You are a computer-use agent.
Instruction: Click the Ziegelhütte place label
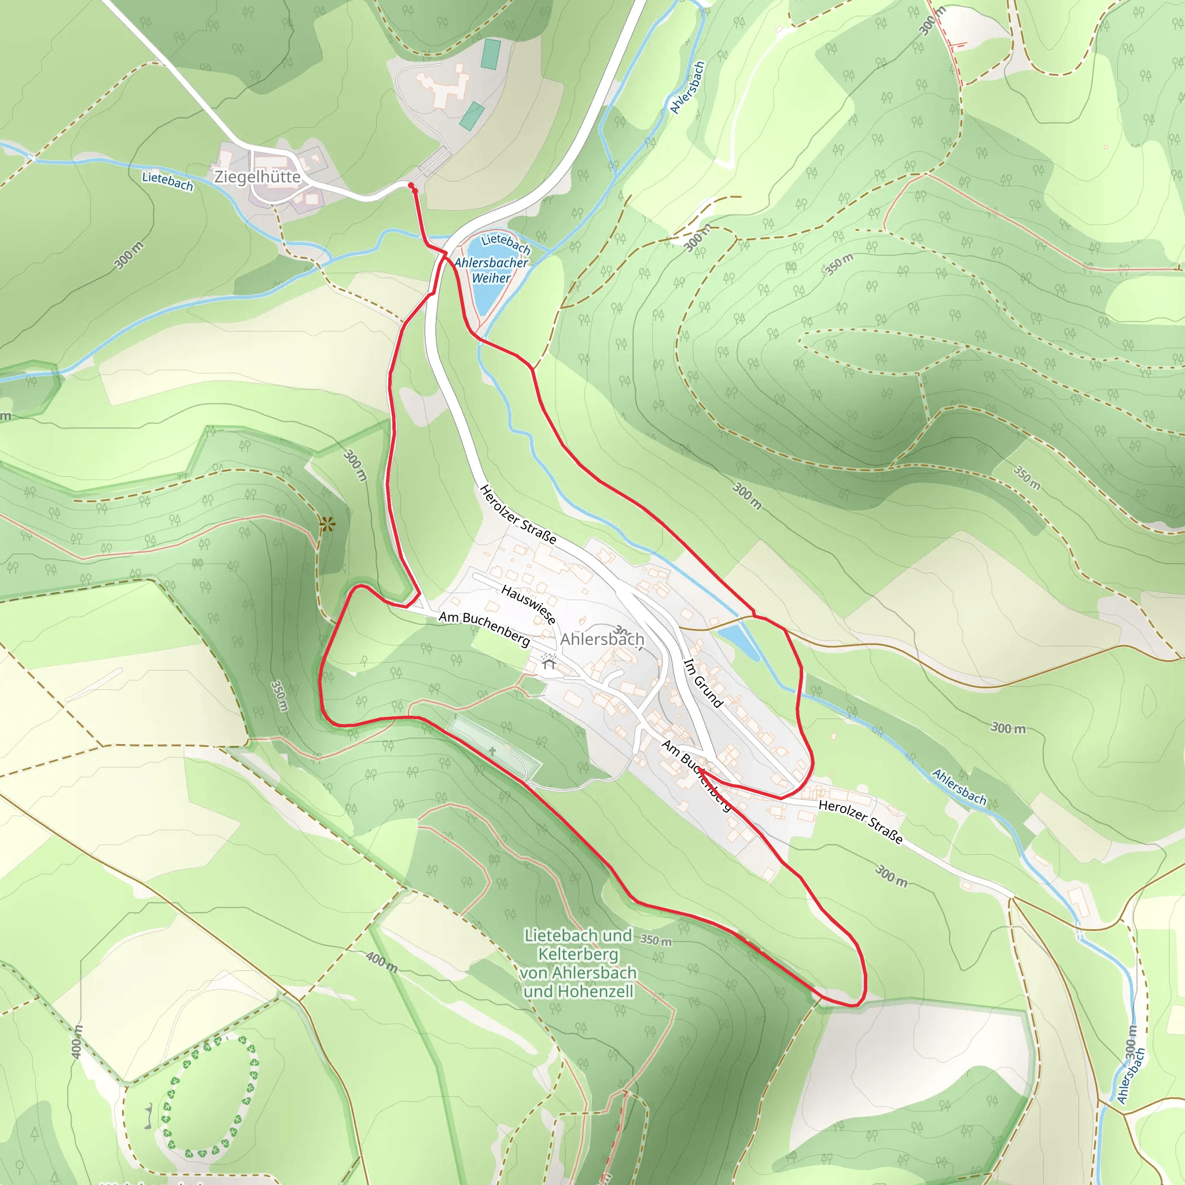[257, 176]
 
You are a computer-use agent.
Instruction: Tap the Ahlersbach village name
[602, 639]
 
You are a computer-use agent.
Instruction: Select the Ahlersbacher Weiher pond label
[491, 270]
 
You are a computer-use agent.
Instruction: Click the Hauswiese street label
[528, 604]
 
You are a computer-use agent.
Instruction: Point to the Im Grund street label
[704, 683]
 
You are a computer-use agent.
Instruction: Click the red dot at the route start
[411, 185]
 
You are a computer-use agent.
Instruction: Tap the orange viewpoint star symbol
[327, 524]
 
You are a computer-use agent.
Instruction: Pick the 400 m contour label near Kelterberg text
[381, 961]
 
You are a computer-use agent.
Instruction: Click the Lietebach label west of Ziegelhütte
[167, 181]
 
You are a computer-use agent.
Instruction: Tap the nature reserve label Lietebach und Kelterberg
[578, 963]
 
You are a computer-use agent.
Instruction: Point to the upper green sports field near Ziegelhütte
[491, 53]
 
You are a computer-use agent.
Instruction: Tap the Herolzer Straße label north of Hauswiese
[518, 514]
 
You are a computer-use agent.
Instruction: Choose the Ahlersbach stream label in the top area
[687, 87]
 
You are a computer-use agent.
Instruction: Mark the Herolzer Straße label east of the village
[860, 822]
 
